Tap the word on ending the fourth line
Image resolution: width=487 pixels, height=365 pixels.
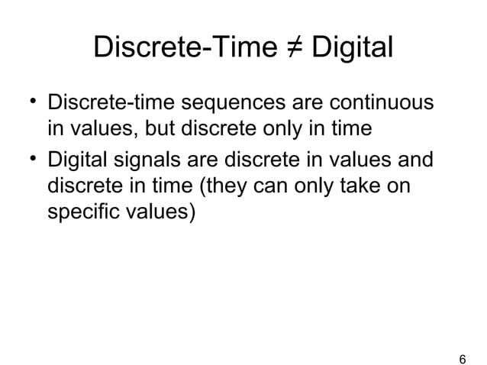click(x=411, y=188)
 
